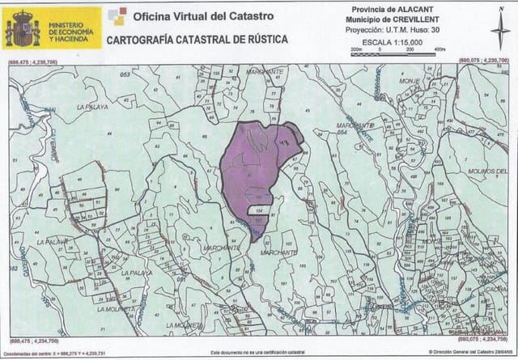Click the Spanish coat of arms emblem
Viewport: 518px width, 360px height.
coord(23,29)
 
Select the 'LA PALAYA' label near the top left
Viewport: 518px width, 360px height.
coord(91,106)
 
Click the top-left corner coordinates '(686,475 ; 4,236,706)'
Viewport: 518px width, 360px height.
coord(33,61)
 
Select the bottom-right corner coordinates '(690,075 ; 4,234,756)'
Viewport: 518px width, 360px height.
coord(484,340)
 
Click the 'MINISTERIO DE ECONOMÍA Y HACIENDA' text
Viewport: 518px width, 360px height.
coord(70,29)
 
